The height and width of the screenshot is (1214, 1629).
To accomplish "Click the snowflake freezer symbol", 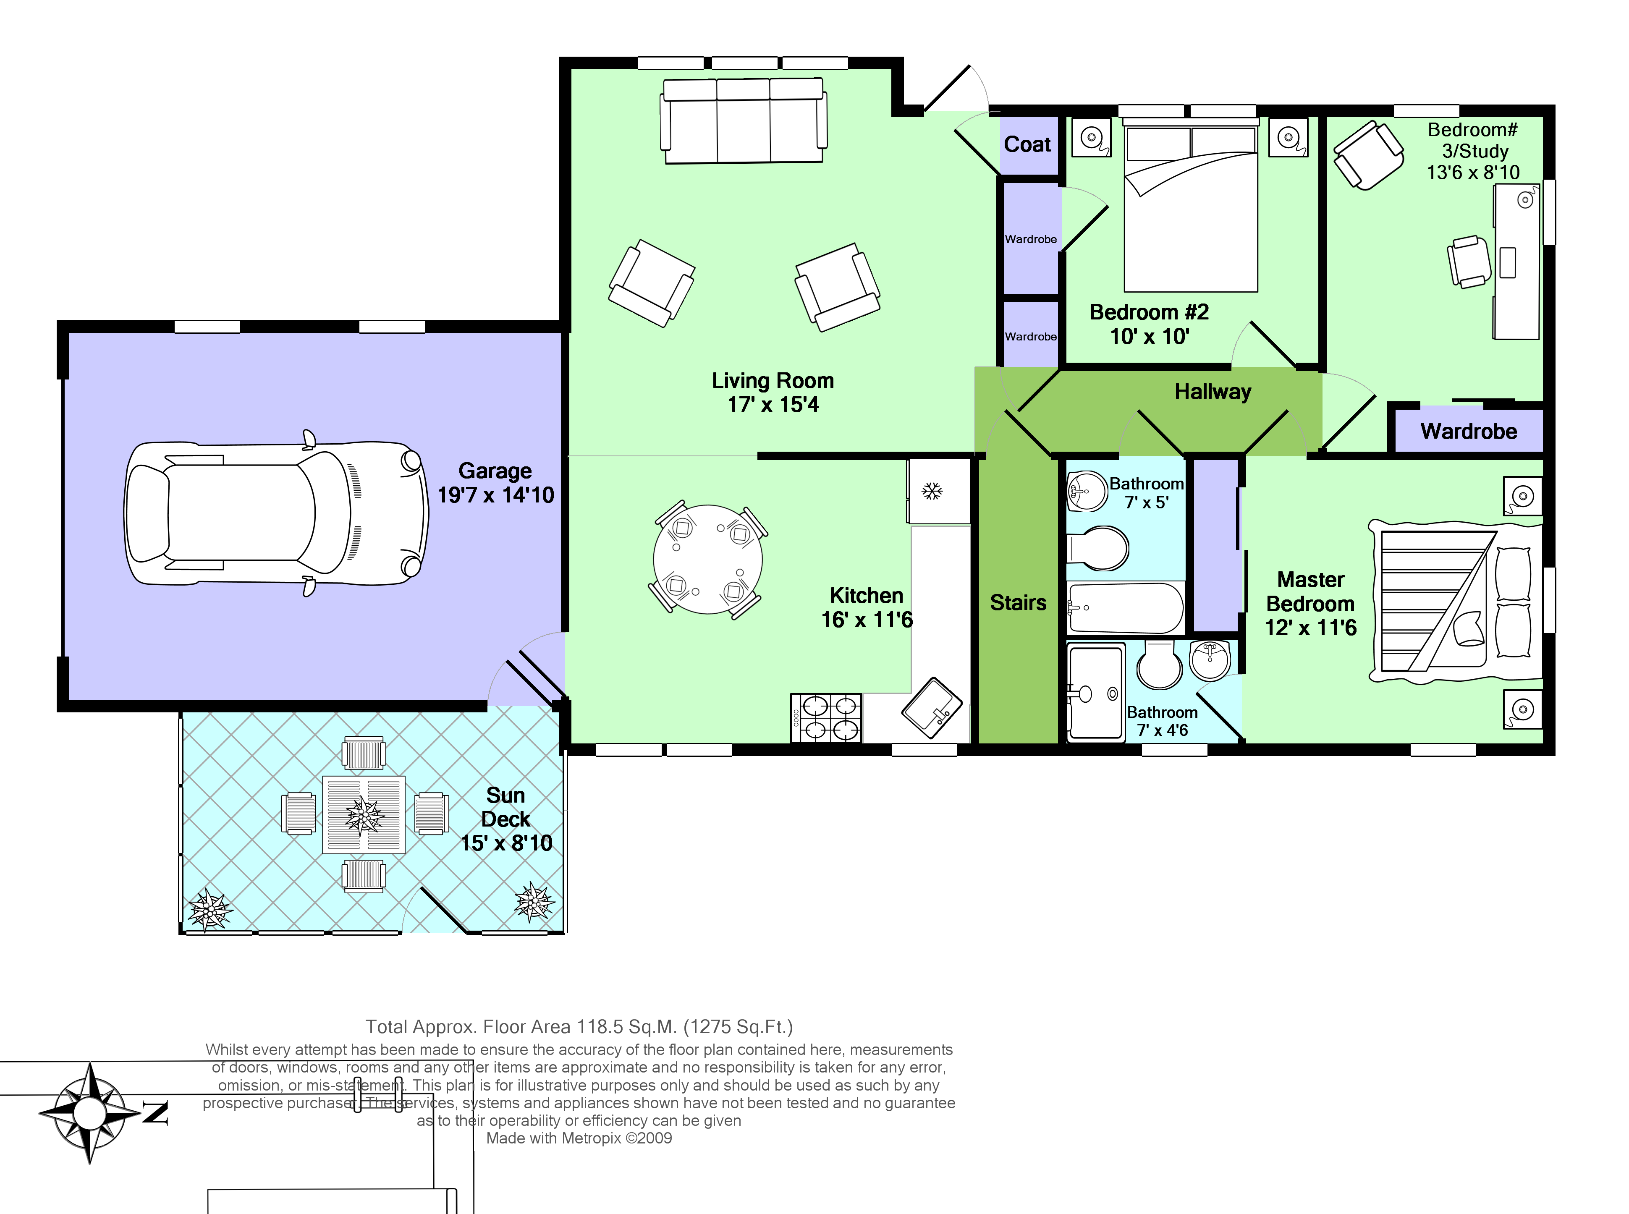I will [932, 491].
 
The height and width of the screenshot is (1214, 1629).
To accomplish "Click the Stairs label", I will [1018, 602].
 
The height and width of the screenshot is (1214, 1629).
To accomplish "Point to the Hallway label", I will [1213, 392].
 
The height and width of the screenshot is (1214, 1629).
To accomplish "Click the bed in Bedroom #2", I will [1190, 209].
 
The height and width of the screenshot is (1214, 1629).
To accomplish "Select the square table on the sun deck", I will [364, 814].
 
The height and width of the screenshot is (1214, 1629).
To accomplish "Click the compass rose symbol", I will [90, 1113].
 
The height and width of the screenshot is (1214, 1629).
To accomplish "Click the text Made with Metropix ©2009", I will [579, 1138].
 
